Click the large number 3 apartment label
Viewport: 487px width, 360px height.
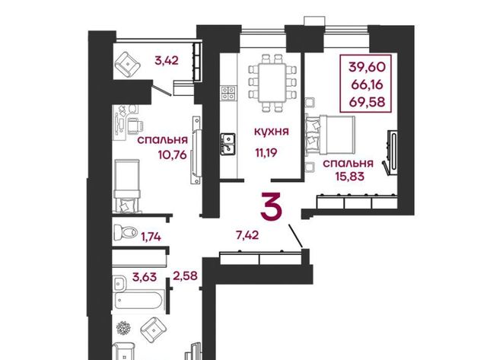(x=271, y=206)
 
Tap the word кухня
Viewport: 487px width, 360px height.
(x=272, y=132)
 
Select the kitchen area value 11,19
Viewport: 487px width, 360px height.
(x=266, y=152)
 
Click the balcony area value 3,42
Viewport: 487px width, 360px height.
(x=167, y=60)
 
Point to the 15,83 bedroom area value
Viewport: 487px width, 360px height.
(x=350, y=177)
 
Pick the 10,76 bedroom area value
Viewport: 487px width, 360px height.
(x=173, y=155)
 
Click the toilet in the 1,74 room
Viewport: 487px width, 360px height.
(x=126, y=231)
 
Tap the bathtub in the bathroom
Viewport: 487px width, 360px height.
(x=138, y=300)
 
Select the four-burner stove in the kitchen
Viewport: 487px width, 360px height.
(x=228, y=93)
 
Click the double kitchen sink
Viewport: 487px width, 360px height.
(x=228, y=144)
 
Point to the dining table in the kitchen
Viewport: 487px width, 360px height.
(x=272, y=83)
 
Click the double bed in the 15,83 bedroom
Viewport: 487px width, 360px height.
(x=331, y=135)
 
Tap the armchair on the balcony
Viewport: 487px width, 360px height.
(x=127, y=65)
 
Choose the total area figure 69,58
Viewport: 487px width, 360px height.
(x=367, y=102)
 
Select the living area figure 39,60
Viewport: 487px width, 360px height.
(x=367, y=66)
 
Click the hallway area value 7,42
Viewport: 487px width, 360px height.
(x=247, y=235)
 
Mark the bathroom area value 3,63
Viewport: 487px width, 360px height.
(x=145, y=276)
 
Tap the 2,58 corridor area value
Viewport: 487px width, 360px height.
(x=186, y=276)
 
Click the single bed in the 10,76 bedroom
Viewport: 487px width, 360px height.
(x=127, y=186)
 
